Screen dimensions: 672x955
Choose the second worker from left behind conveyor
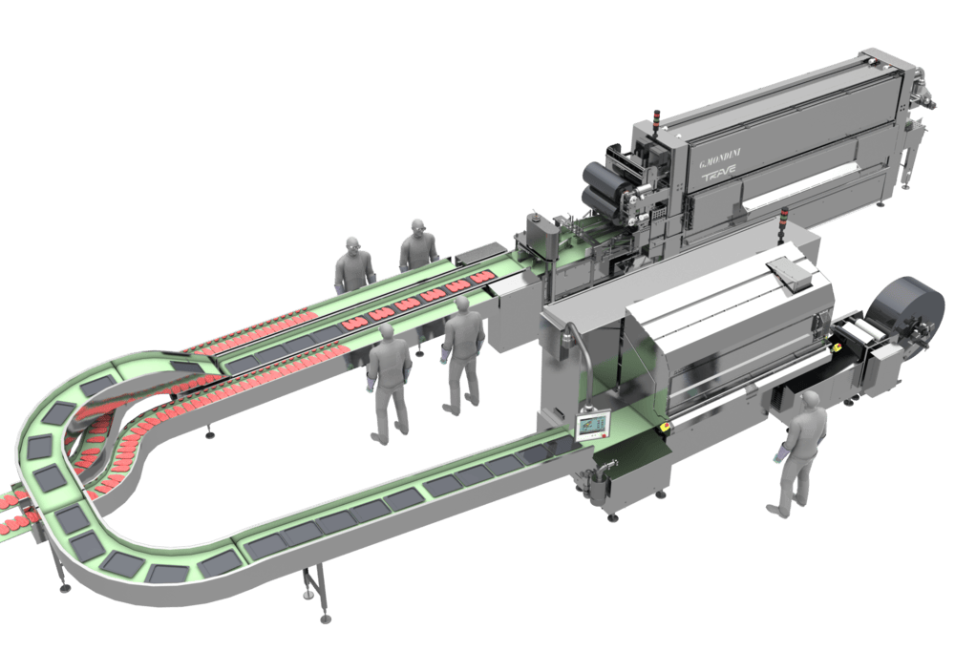418,246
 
